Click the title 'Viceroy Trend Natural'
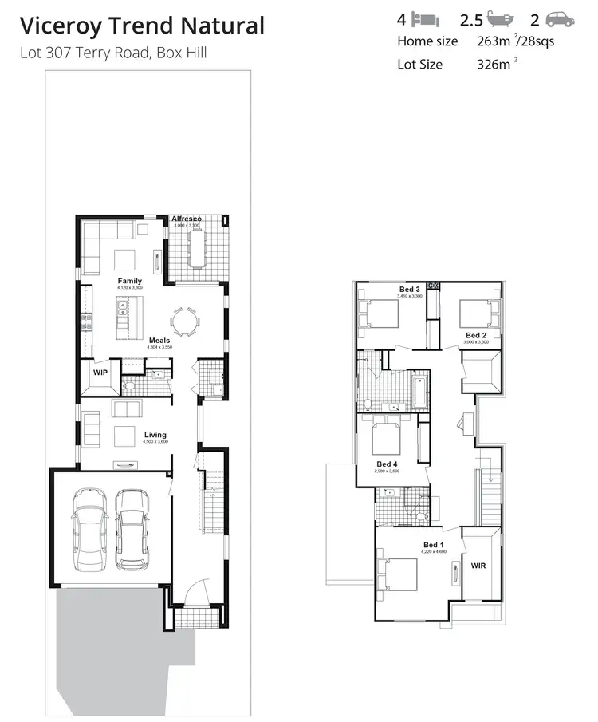[142, 26]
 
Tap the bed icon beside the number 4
[424, 18]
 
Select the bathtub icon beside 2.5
[501, 18]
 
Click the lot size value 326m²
[492, 64]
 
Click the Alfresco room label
[187, 219]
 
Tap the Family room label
[130, 281]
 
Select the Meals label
[159, 341]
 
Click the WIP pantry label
[100, 373]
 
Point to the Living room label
[155, 435]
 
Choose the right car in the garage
[132, 529]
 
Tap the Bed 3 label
[409, 289]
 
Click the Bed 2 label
[476, 335]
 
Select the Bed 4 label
[387, 464]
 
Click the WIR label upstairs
[478, 566]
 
